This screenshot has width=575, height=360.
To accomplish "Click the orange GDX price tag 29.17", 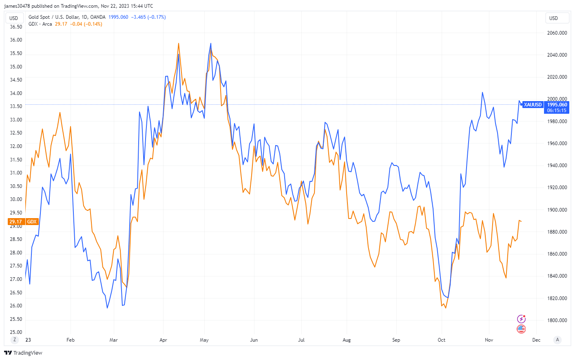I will (16, 222).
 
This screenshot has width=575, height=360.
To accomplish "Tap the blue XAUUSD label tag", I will (533, 105).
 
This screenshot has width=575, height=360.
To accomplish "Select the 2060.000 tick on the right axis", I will (557, 33).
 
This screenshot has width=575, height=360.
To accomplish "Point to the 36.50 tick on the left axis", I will (16, 27).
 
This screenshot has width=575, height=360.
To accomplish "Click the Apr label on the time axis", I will (163, 340).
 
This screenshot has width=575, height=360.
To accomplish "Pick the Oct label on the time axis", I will (441, 340).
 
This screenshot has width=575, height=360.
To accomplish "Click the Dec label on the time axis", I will (536, 340).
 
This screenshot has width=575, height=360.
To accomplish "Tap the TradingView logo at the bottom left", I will (23, 353).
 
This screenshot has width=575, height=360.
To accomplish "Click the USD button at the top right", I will (557, 18).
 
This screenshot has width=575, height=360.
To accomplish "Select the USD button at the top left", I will (14, 18).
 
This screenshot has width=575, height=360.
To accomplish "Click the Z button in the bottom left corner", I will (15, 340).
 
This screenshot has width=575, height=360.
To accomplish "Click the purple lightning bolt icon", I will (521, 319).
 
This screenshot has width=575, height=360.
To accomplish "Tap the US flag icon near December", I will (521, 329).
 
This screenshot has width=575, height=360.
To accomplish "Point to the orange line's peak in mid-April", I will (179, 43).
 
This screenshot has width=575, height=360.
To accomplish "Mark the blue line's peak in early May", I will (210, 43).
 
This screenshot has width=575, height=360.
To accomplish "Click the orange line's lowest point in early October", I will (445, 308).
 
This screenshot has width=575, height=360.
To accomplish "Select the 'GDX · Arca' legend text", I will (40, 24).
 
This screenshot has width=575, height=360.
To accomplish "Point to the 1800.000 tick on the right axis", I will (557, 320).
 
